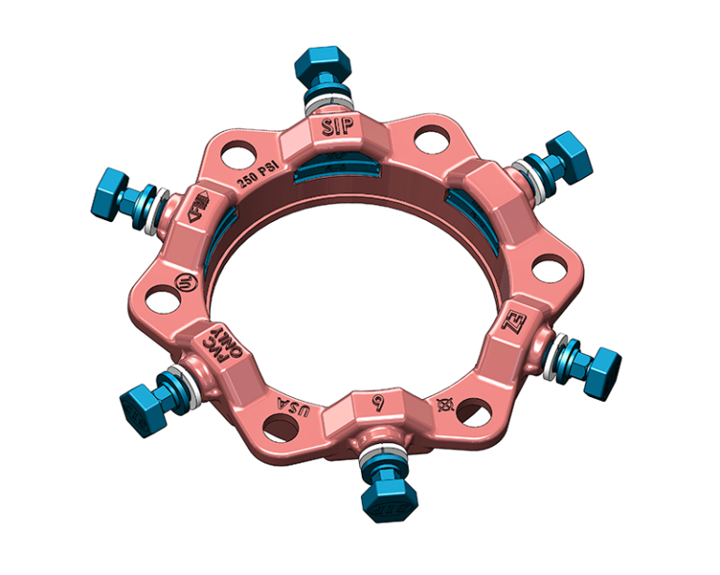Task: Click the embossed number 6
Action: (379, 404)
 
